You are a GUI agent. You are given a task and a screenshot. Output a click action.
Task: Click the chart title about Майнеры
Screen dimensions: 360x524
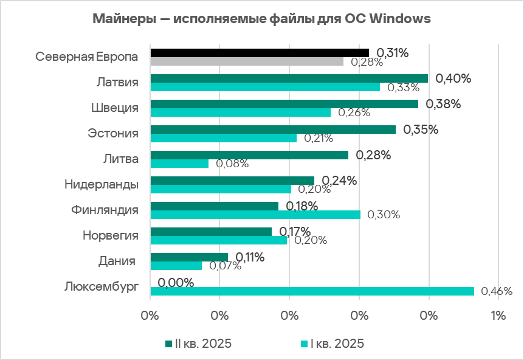coord(261,19)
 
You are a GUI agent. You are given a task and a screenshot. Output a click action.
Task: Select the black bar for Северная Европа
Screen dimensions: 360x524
coord(259,53)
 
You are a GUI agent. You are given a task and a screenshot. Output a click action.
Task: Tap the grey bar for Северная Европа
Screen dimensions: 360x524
coord(246,61)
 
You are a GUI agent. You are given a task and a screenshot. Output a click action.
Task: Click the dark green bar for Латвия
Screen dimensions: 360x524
coord(289,78)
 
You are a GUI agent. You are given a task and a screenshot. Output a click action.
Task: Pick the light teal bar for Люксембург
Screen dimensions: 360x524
coord(312,291)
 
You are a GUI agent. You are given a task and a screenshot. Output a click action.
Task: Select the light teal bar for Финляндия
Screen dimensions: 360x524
coord(255,215)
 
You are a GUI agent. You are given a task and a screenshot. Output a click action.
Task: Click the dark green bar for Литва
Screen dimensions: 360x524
coord(249,155)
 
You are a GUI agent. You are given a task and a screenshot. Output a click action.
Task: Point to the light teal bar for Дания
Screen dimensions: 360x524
coord(176,266)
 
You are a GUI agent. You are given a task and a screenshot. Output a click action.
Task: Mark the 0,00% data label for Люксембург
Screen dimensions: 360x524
coord(176,283)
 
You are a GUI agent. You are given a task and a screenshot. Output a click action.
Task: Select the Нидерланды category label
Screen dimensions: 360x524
coord(102,184)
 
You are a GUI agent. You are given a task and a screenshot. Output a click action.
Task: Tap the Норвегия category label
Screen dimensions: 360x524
coord(110,235)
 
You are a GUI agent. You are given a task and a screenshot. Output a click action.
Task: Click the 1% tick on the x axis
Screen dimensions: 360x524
coord(498,316)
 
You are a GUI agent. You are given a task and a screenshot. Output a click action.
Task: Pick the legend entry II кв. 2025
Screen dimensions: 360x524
coord(199,344)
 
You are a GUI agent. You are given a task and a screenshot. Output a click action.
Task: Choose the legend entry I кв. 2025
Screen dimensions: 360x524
coord(333,344)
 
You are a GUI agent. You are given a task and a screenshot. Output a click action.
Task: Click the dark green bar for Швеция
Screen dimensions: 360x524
coord(284,104)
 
